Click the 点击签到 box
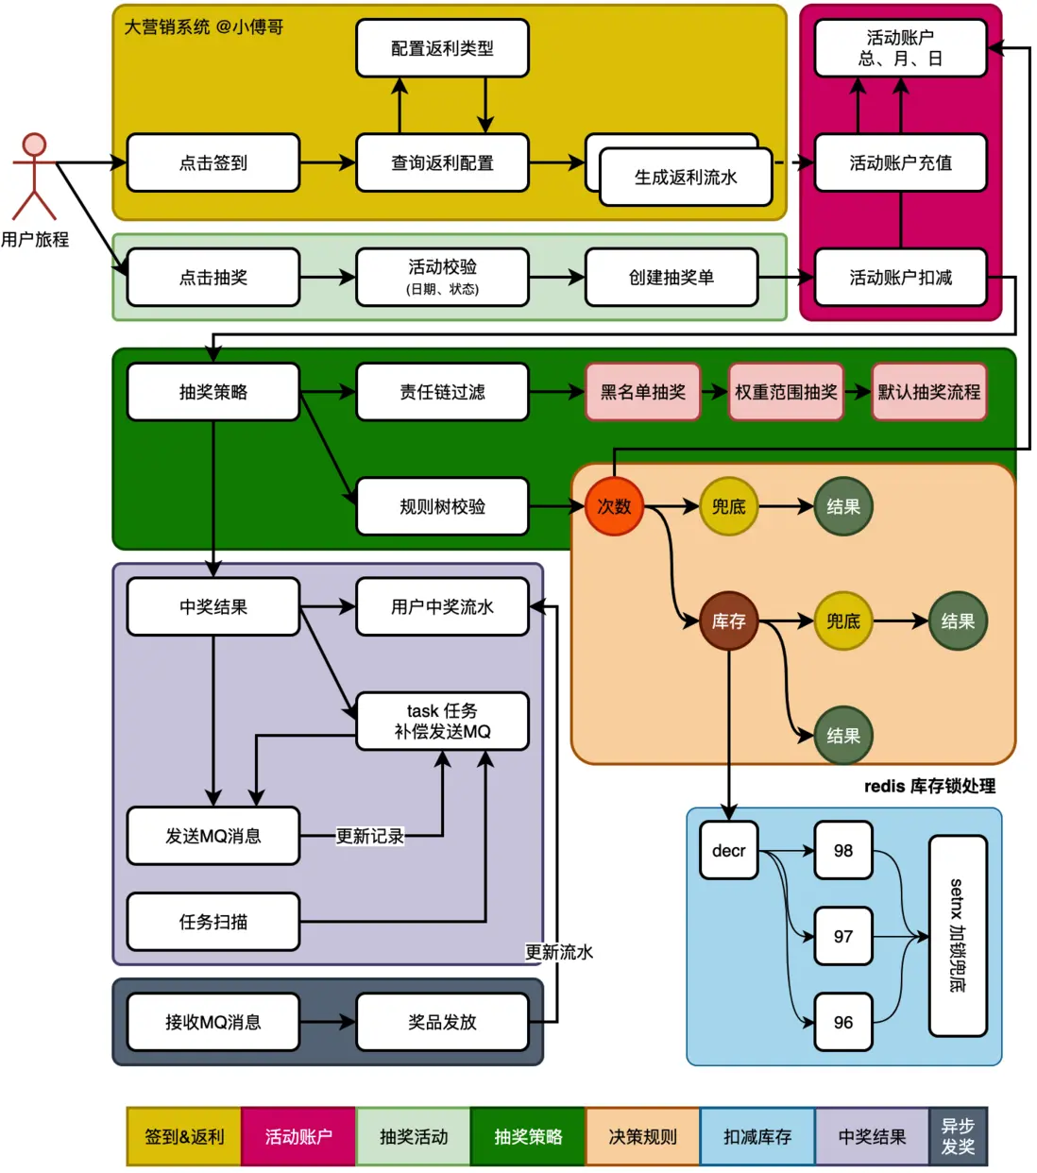pos(213,162)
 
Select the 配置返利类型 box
pos(442,48)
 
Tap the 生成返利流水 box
pos(686,178)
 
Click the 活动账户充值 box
pos(900,162)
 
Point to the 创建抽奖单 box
pos(671,278)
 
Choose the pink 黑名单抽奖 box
pos(643,392)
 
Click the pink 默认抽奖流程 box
pos(929,392)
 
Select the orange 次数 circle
pos(614,507)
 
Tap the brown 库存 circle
pos(729,621)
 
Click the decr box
pos(729,851)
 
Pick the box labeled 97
pos(843,937)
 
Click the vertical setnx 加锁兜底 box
pos(958,936)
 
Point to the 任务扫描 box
pos(213,922)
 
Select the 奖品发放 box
pos(442,1022)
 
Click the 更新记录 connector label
pos(369,836)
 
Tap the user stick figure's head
pos(35,144)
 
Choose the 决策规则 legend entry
pos(643,1137)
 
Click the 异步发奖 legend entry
pos(958,1137)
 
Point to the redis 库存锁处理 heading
pos(929,787)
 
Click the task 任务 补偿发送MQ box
pos(442,722)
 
